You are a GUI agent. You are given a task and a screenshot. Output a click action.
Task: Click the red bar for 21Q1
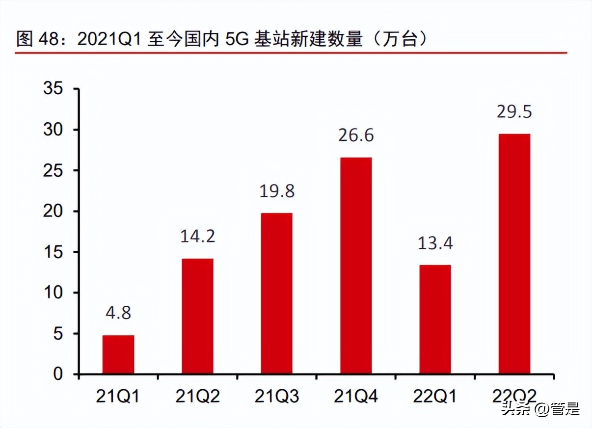[118, 354]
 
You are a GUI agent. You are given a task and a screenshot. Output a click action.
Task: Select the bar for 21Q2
[197, 316]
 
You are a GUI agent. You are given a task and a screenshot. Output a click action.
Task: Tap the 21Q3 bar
[276, 294]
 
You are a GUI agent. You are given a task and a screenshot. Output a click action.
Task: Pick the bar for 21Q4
[356, 266]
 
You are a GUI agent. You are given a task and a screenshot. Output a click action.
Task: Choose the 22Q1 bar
[435, 320]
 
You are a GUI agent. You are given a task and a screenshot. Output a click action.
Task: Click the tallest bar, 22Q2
[514, 254]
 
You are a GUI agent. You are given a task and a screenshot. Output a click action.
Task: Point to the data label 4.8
[118, 313]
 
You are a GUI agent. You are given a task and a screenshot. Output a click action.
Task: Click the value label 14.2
[197, 237]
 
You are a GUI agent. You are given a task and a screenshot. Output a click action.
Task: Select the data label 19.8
[276, 191]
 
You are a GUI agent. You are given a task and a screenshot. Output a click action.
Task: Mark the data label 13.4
[435, 243]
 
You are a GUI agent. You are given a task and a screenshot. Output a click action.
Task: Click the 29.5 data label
[514, 112]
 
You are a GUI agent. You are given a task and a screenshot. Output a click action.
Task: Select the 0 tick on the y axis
[58, 374]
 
